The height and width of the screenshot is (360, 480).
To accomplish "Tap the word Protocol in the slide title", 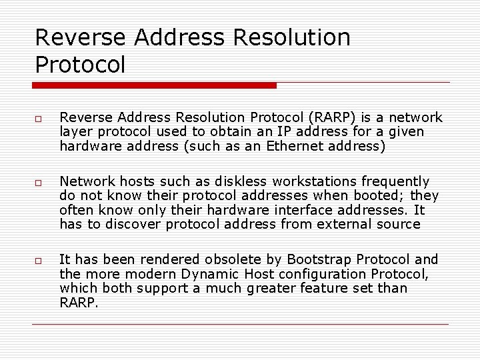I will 80,65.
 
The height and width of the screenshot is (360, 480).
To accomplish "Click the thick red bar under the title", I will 155,85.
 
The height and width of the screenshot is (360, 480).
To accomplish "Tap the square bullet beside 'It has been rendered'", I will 39,261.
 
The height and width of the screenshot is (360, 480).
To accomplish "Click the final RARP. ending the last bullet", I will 79,303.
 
